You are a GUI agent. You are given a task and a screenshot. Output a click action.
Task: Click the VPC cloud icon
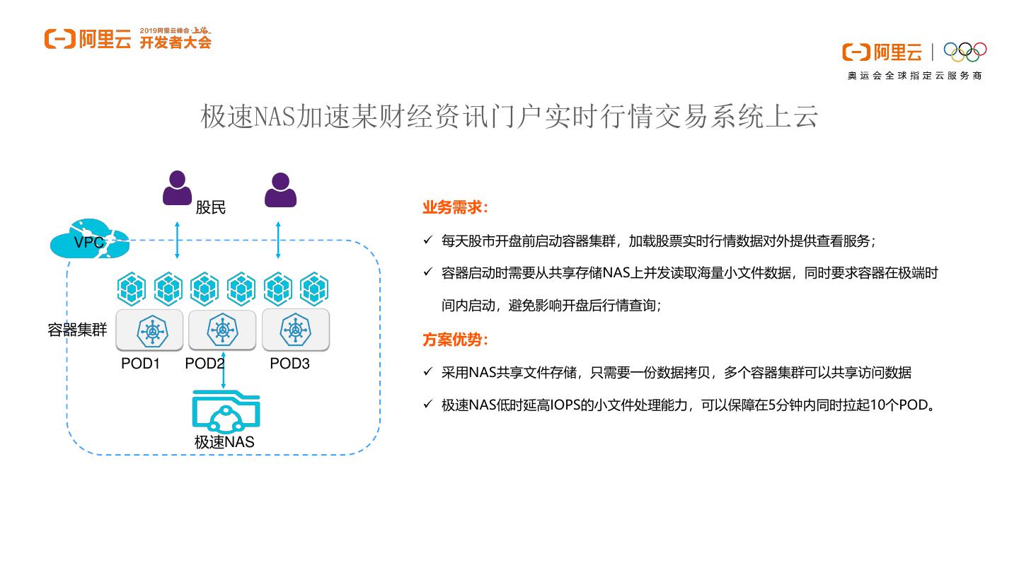point(89,240)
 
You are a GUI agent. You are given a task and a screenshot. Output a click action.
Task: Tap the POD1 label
point(140,364)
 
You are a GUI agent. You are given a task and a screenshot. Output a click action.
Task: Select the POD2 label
point(205,364)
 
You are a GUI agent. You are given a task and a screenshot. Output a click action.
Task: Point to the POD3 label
point(289,364)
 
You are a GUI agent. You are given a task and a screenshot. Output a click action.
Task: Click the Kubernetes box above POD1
point(149,330)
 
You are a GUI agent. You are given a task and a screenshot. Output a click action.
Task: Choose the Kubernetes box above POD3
point(295,330)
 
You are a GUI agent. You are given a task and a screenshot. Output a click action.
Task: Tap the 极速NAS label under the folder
point(224,443)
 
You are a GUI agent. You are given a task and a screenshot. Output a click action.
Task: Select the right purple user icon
point(280,190)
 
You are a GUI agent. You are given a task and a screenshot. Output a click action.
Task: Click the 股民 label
point(210,208)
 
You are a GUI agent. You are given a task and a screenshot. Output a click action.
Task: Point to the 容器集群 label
point(77,330)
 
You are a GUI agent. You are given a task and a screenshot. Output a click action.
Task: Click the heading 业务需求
point(455,208)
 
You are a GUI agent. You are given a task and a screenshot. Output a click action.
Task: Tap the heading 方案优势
point(455,340)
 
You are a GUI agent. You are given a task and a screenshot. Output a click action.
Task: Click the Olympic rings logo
point(965,52)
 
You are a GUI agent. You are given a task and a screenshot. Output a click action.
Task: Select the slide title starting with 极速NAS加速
point(509,117)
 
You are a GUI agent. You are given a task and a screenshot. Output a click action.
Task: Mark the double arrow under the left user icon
point(178,239)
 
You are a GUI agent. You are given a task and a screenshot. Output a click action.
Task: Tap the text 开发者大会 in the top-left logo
point(175,42)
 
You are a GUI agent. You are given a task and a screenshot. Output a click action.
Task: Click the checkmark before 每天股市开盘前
point(427,241)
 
